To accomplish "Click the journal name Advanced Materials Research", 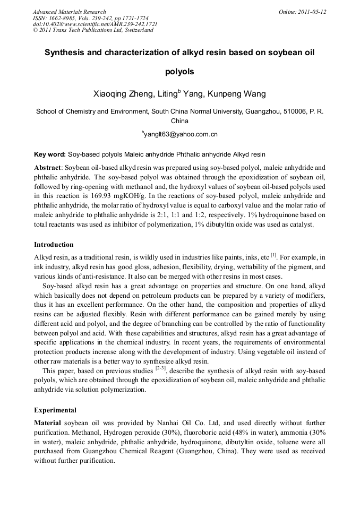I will (x=69, y=12).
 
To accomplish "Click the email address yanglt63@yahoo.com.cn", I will (x=181, y=134).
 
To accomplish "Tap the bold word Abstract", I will (x=47, y=167).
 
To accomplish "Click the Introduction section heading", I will (x=54, y=245).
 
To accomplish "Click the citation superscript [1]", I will (x=274, y=255).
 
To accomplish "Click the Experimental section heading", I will (x=55, y=410).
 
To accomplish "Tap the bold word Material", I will (x=48, y=423).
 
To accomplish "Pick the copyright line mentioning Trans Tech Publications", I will (x=93, y=30).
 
